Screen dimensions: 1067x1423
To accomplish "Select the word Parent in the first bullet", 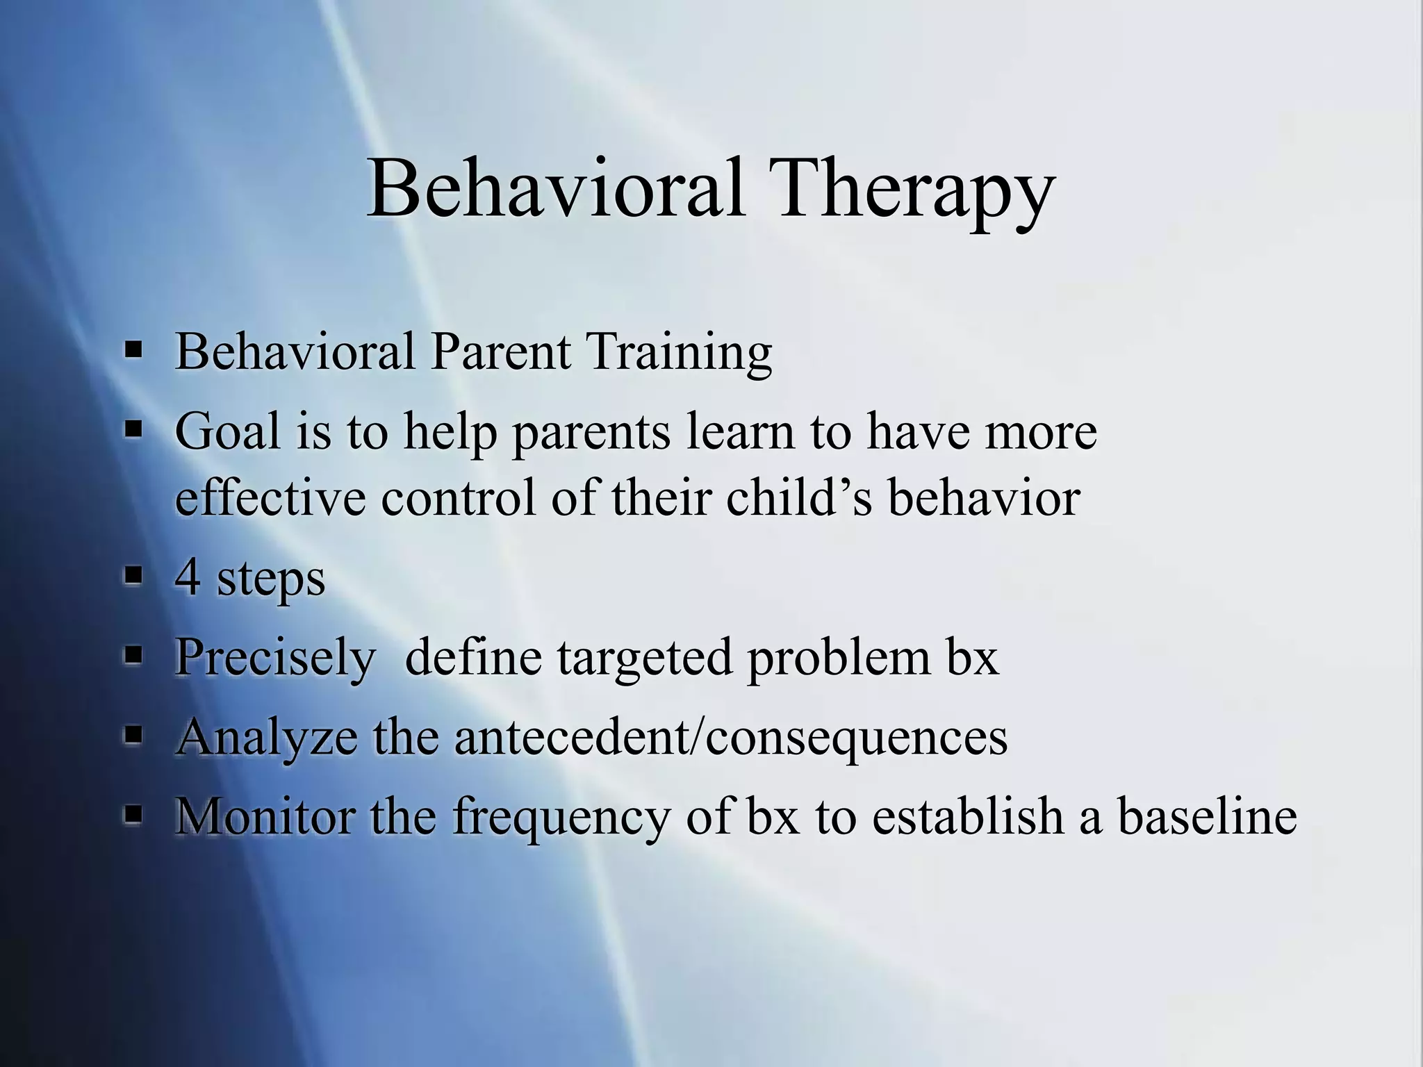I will click(x=500, y=352).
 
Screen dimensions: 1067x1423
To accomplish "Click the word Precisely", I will click(x=274, y=657).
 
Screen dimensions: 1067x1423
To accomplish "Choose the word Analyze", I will click(x=267, y=738).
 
